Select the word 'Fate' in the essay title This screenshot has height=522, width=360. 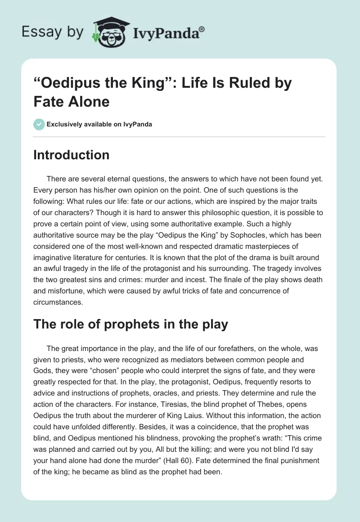(48, 101)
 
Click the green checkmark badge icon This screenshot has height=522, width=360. (39, 124)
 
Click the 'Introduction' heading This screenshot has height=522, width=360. (71, 155)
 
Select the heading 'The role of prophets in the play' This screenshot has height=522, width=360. (130, 324)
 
